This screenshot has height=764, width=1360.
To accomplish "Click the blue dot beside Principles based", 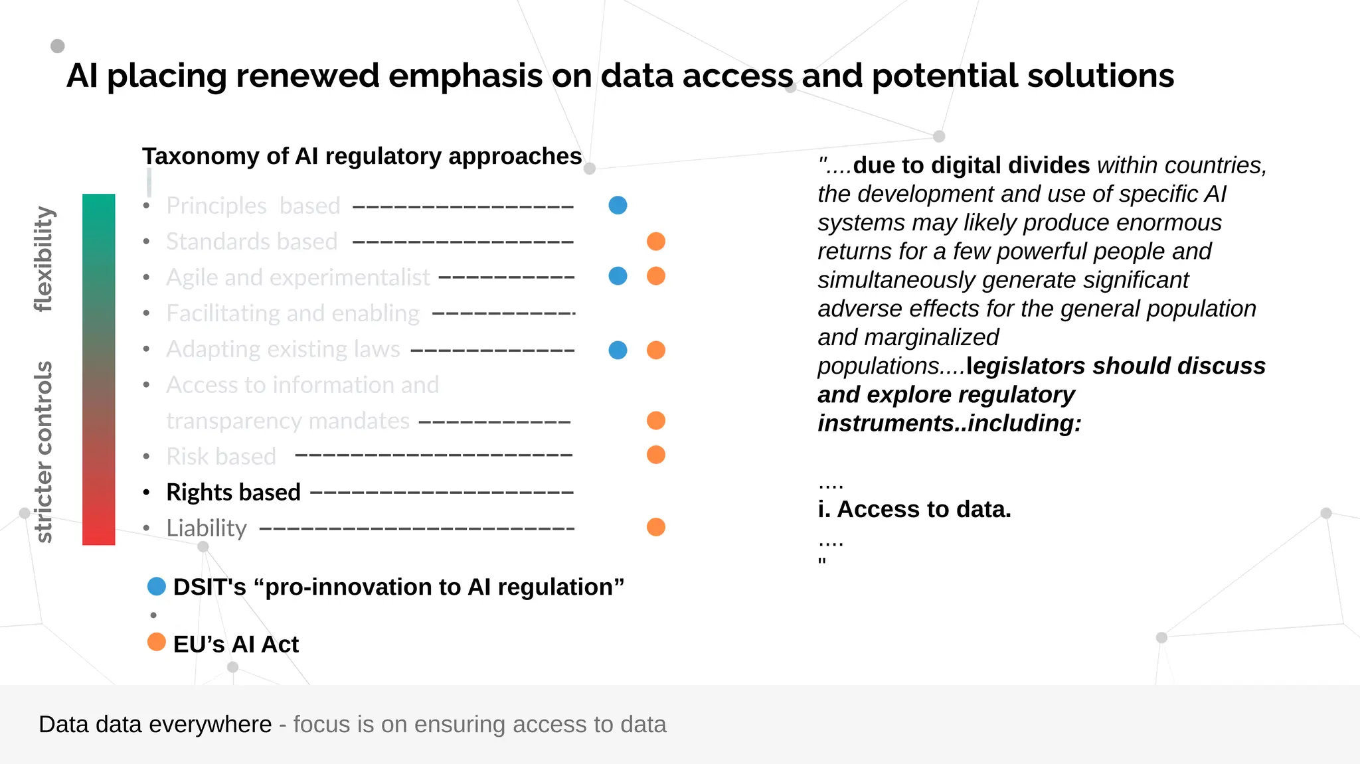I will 618,205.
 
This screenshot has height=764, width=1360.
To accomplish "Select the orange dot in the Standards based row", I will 655,241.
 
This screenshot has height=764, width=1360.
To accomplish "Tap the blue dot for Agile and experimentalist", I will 618,276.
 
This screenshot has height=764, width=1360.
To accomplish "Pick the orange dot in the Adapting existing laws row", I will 655,350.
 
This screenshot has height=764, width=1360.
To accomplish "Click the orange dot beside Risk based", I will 655,455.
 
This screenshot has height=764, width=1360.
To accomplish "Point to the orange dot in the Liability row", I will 655,527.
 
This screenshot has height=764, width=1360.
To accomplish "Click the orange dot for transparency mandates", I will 655,420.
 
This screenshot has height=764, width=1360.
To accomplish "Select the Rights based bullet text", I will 233,493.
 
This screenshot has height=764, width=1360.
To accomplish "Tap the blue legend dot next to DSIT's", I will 156,586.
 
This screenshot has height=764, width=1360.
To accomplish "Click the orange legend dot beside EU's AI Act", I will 156,642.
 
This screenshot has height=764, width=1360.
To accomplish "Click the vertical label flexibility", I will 44,259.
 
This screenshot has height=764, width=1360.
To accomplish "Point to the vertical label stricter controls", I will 44,451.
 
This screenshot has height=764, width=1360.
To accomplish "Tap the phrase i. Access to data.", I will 914,509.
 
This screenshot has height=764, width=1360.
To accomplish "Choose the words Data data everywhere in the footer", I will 155,724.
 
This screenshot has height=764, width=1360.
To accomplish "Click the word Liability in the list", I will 207,528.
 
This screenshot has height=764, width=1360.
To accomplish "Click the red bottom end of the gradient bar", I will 98,534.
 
